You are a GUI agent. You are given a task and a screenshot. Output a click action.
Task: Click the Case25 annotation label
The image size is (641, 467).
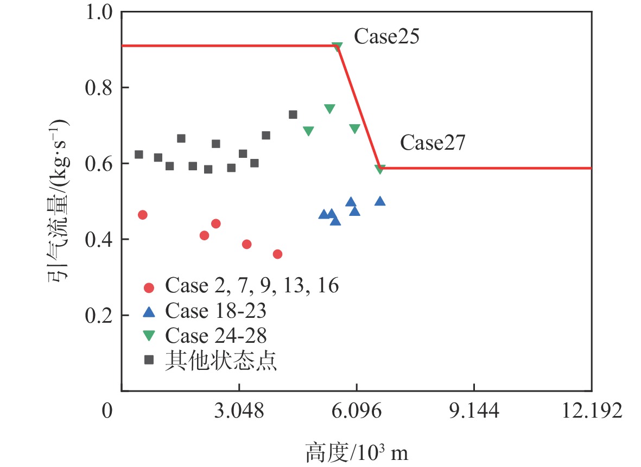(x=386, y=37)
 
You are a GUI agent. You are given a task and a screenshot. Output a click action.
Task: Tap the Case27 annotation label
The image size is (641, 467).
(x=433, y=143)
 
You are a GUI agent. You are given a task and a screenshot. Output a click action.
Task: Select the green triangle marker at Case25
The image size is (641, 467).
(x=337, y=47)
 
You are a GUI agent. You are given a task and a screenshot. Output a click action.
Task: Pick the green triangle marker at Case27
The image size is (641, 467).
(x=380, y=169)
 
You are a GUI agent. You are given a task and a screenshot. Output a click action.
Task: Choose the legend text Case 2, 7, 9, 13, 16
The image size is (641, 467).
(x=252, y=285)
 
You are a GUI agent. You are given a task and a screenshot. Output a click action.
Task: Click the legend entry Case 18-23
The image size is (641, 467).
(x=215, y=311)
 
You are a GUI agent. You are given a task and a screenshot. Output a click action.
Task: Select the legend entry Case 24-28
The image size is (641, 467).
(x=215, y=336)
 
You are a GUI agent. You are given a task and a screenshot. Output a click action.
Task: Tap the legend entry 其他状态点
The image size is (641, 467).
(x=221, y=361)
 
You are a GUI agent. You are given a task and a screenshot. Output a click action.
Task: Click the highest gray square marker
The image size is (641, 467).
(x=293, y=114)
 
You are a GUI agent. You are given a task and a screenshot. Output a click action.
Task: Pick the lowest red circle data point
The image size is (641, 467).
(x=277, y=254)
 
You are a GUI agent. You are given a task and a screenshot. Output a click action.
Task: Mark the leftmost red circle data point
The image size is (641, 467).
(x=143, y=215)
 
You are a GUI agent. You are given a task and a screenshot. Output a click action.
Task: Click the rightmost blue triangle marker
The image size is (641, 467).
(x=380, y=201)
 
